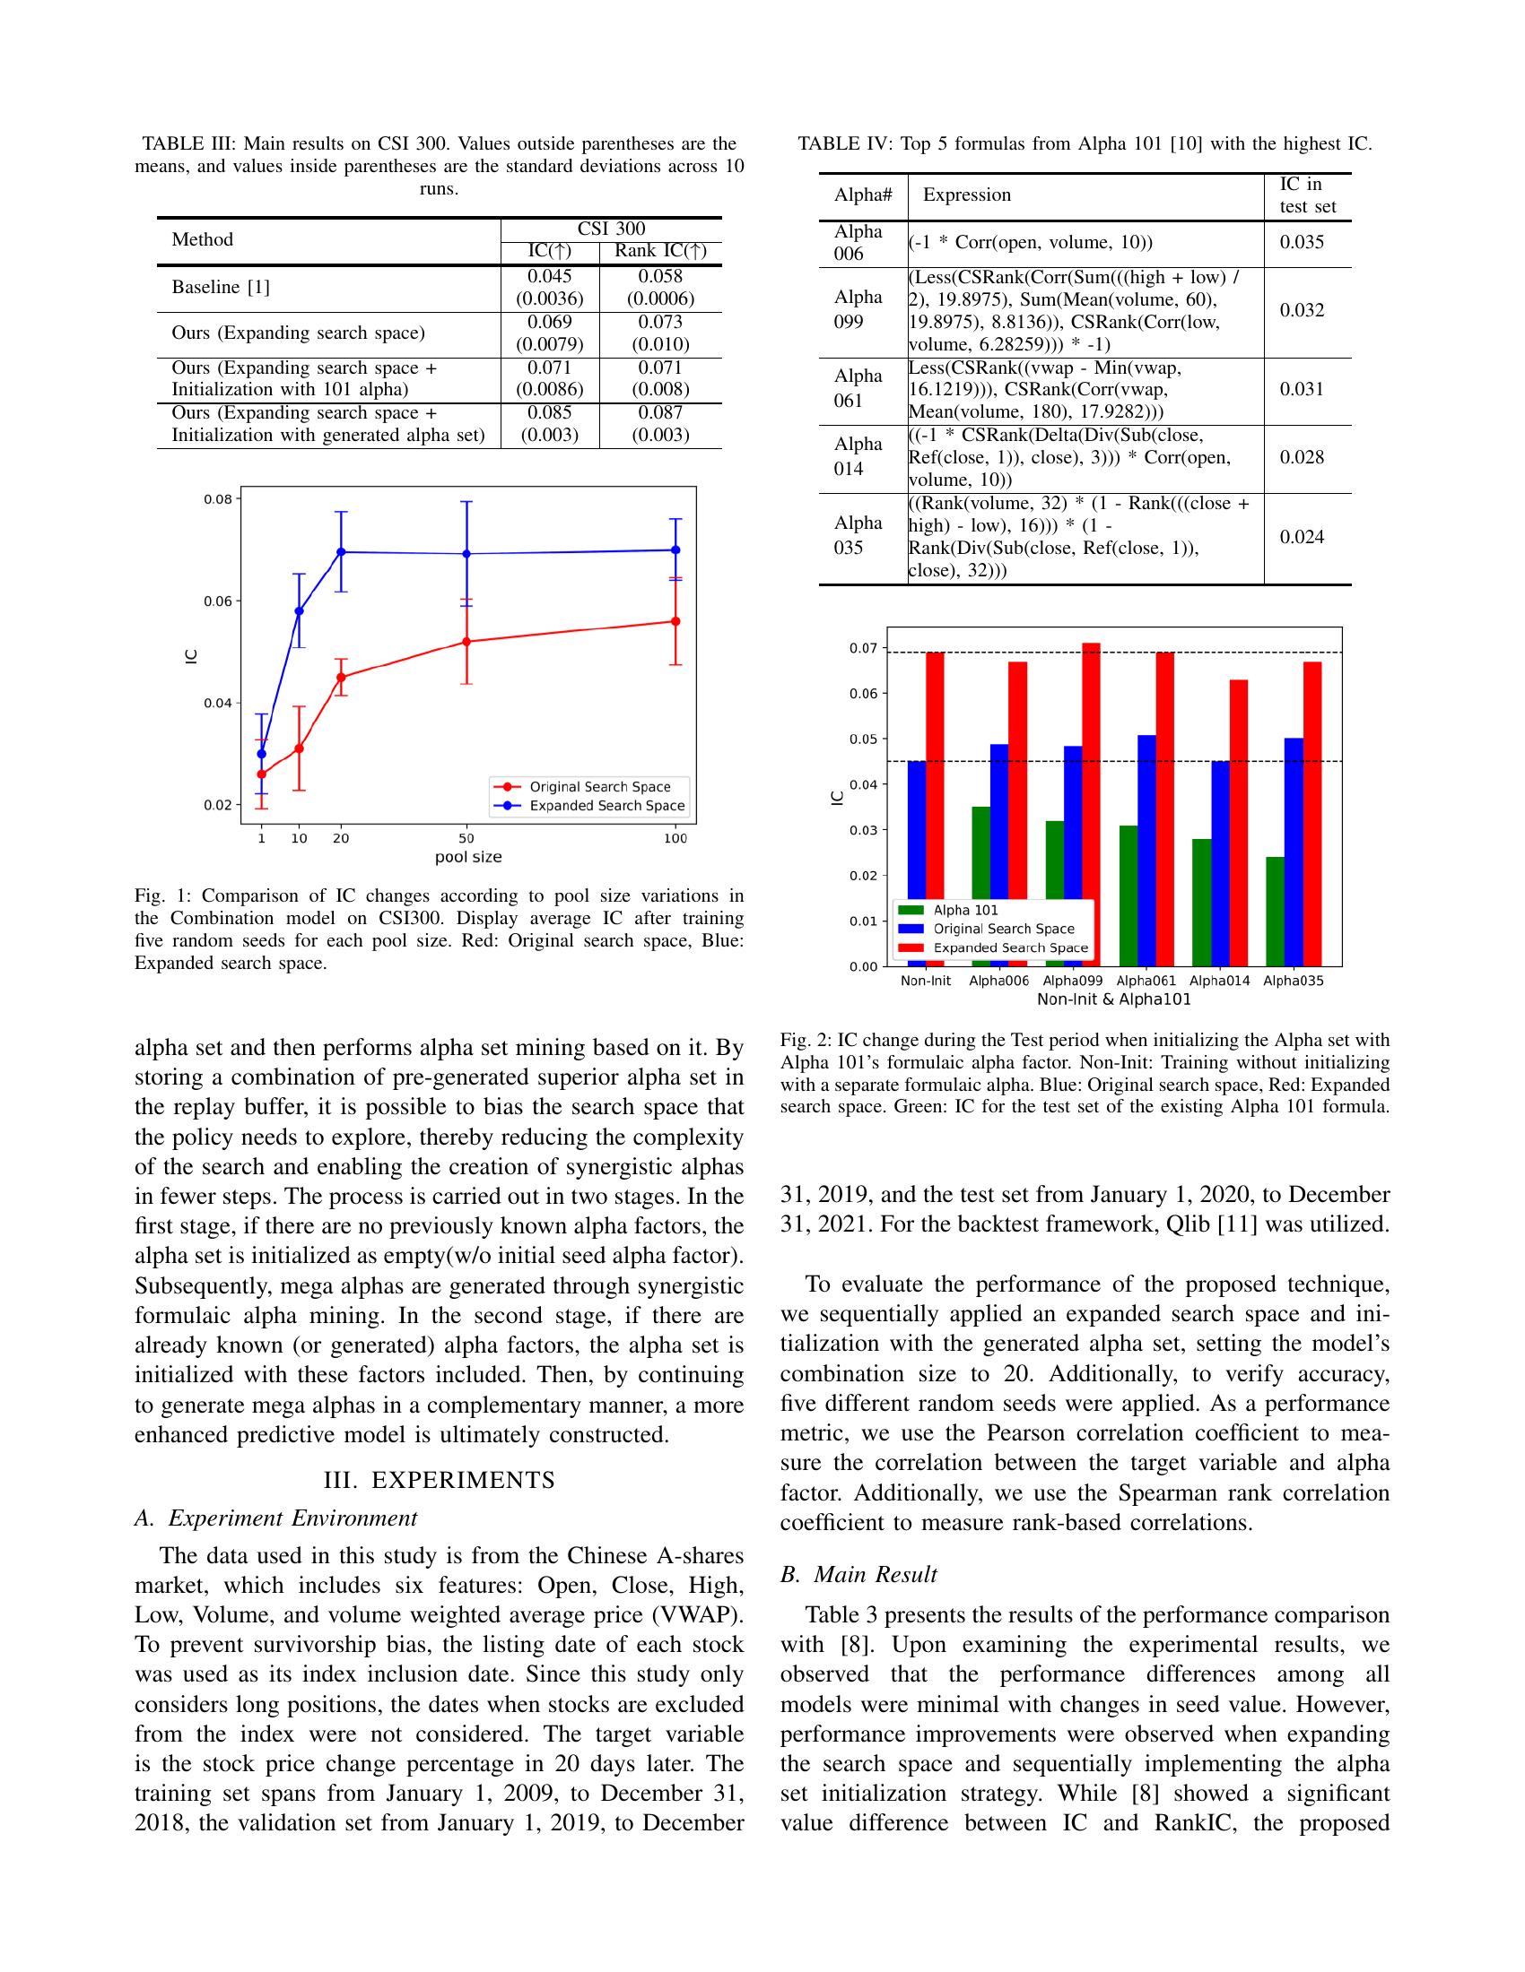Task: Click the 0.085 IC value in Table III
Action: coord(549,412)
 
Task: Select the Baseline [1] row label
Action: coord(221,287)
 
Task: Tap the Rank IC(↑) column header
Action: coord(660,251)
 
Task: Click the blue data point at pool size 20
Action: coord(341,551)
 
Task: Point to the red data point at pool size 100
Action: coord(675,621)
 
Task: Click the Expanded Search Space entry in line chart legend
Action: coord(606,806)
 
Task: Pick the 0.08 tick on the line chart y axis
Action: coord(221,499)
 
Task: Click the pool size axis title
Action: coord(468,857)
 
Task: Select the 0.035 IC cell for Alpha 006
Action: coord(1302,242)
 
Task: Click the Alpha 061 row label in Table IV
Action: coord(858,388)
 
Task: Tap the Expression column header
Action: coord(967,195)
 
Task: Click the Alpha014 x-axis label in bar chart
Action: coord(1220,981)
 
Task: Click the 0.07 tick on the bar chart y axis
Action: coord(863,648)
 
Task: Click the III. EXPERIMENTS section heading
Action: coord(439,1480)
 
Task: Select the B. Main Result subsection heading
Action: coord(858,1575)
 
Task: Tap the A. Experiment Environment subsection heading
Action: coord(275,1518)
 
